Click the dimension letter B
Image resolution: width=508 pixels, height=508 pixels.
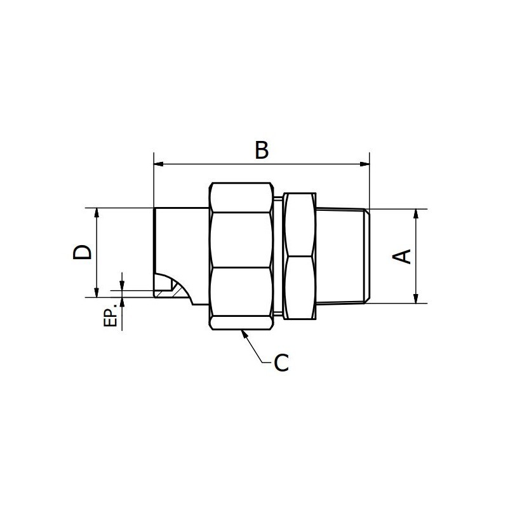(262, 150)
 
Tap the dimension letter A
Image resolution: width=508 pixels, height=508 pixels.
(403, 256)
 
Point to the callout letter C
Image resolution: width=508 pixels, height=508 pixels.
(281, 363)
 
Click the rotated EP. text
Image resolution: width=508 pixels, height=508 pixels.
(110, 317)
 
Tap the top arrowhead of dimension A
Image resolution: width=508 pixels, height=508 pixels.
(416, 213)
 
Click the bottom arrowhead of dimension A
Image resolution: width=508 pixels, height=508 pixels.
(416, 298)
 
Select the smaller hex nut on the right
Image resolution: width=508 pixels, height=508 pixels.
(298, 256)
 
